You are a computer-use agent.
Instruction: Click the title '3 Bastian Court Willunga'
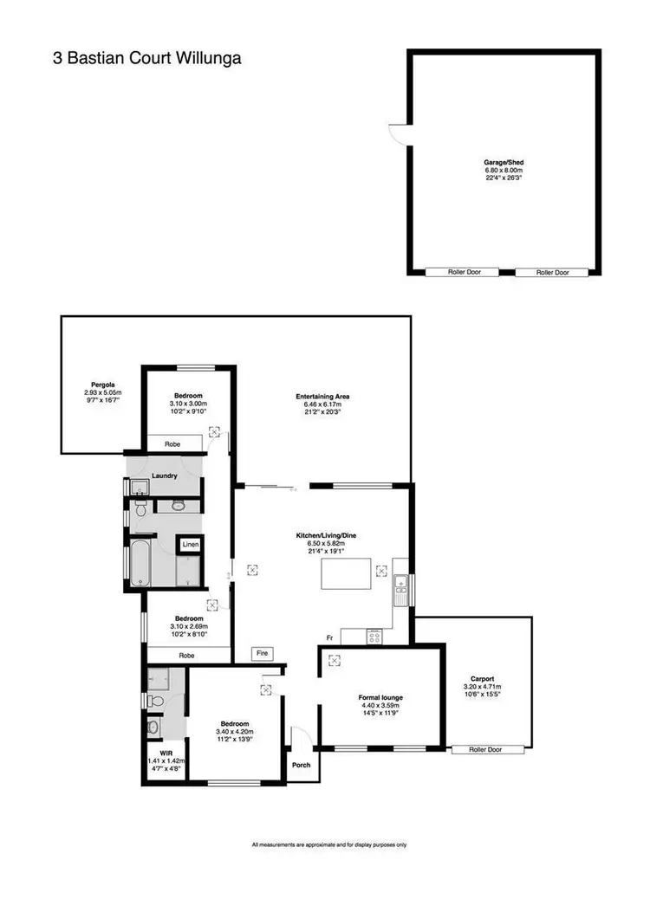click(146, 59)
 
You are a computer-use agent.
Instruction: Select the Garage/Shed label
click(504, 162)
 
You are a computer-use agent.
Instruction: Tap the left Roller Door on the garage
click(461, 272)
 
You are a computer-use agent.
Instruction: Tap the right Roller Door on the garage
click(552, 272)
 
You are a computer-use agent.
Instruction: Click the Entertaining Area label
click(322, 398)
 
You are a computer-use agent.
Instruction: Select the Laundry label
click(164, 475)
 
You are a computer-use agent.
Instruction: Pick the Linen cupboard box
click(190, 545)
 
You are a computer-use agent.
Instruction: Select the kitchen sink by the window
click(400, 589)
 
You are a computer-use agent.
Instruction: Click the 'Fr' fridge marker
click(330, 637)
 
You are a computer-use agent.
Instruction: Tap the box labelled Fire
click(261, 653)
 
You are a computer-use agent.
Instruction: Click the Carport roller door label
click(487, 749)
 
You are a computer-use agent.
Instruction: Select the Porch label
click(300, 765)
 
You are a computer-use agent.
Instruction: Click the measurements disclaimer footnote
click(328, 844)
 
